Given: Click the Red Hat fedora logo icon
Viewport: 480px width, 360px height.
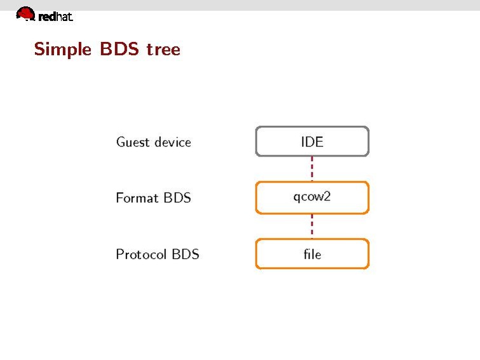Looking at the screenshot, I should click(x=25, y=13).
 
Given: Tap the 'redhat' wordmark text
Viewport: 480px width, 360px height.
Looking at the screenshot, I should click(x=55, y=17).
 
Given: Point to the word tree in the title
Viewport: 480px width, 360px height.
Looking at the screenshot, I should click(x=163, y=49).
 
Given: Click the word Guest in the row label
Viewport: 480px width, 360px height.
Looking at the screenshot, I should click(x=132, y=142).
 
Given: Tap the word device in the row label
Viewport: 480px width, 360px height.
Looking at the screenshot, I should click(x=170, y=142).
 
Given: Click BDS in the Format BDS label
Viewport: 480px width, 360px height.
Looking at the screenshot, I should click(x=177, y=198).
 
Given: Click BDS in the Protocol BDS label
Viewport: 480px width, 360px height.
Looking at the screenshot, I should click(x=186, y=254).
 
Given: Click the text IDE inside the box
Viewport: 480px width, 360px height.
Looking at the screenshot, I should click(x=312, y=141).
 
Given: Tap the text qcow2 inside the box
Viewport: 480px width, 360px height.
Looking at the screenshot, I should click(x=312, y=197).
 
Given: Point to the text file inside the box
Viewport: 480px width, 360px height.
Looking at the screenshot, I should click(x=312, y=254).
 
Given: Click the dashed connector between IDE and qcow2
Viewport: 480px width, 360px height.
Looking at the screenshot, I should click(x=312, y=169).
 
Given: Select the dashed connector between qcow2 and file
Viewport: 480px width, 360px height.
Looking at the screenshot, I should click(x=312, y=225).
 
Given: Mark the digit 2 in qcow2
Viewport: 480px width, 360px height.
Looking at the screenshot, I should click(x=327, y=196).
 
